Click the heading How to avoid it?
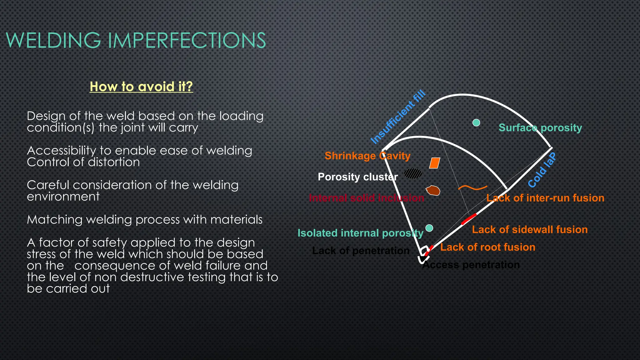pos(141,87)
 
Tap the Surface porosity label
pos(540,127)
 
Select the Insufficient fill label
pos(398,117)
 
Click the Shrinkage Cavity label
pos(367,156)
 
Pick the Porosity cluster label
pos(357,177)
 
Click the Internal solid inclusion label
pos(366,198)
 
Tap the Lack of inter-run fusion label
pos(545,198)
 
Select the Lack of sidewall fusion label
pos(530,230)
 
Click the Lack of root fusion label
pos(488,247)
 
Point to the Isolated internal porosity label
pos(360,233)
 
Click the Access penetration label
pos(471,265)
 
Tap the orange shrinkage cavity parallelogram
pos(435,163)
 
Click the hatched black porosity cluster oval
pos(413,173)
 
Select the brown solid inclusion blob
pos(433,190)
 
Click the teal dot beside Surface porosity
pos(476,122)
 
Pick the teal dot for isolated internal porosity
pos(429,228)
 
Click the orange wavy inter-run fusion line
pos(472,188)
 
